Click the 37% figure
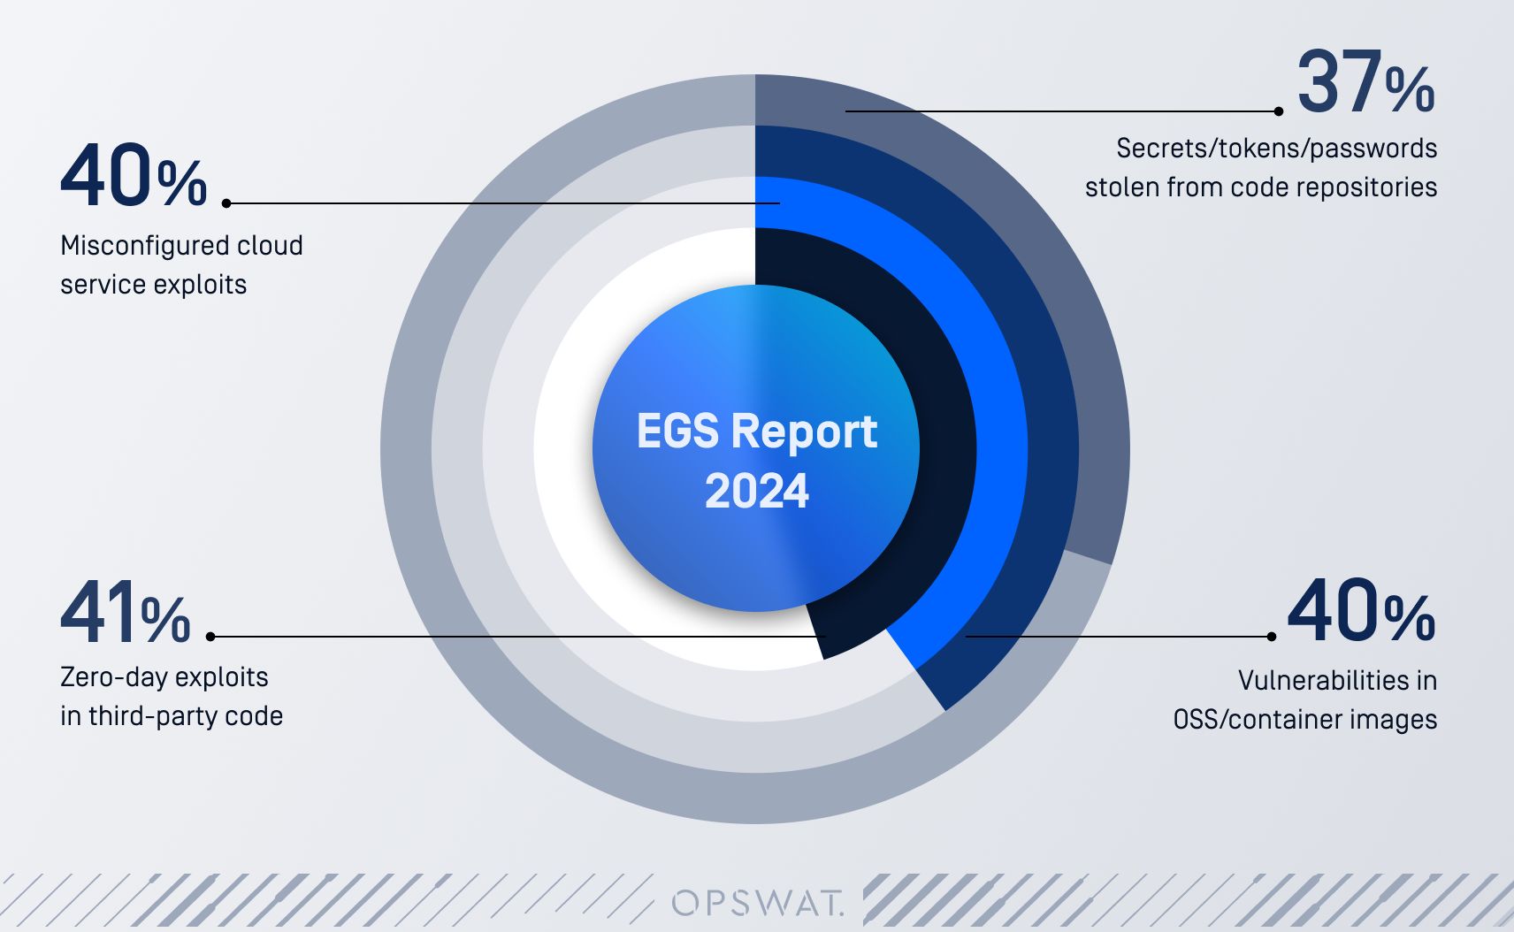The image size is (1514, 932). click(1365, 83)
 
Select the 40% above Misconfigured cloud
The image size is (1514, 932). click(133, 177)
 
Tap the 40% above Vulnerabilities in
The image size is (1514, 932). click(1360, 612)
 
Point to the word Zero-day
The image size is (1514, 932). click(106, 677)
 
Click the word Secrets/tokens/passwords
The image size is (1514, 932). click(1276, 149)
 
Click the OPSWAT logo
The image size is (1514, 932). click(758, 903)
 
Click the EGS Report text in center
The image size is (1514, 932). click(756, 432)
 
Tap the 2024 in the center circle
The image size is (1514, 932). click(756, 492)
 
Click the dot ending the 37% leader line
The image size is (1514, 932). click(1279, 111)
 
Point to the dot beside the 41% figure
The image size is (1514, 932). click(210, 636)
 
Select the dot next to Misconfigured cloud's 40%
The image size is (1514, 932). click(226, 203)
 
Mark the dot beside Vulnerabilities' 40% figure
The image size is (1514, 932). click(1272, 637)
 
